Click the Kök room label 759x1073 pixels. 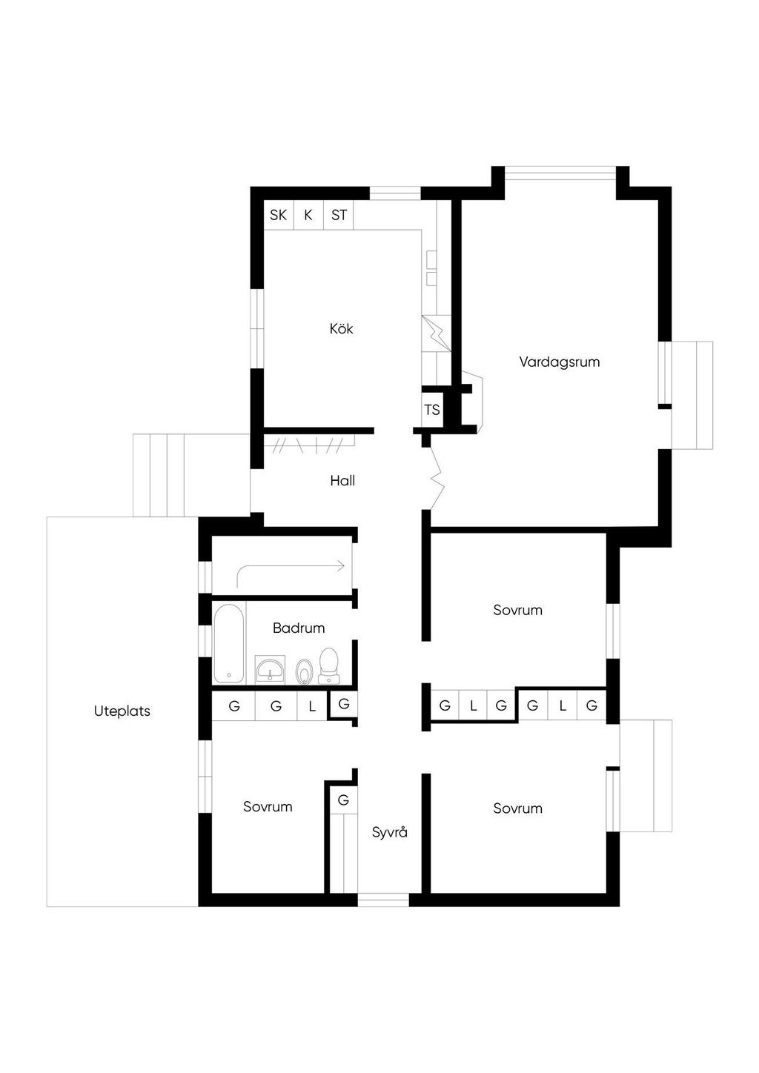coord(341,328)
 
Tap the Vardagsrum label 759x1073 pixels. coord(559,362)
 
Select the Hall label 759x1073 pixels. coord(342,480)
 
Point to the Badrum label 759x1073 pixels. coord(299,628)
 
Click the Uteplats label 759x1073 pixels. coord(122,711)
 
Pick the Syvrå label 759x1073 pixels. coord(390,832)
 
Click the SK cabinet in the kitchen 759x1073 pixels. coord(279,215)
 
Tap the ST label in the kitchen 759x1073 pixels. coord(339,215)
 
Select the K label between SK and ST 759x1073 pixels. coord(308,215)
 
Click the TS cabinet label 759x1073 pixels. coord(431,410)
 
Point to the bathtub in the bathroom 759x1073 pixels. coord(229,644)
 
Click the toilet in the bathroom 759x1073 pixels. coord(328,666)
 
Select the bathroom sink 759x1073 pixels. coord(271,668)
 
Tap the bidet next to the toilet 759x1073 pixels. coord(303,671)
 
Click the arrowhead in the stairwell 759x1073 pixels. coord(341,565)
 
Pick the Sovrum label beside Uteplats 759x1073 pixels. coord(268,806)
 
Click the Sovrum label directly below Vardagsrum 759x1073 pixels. coord(517,610)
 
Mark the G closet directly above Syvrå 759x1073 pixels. coord(343,800)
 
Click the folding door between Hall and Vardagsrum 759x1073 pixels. coord(437,478)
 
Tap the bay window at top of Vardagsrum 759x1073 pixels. coord(560,173)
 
